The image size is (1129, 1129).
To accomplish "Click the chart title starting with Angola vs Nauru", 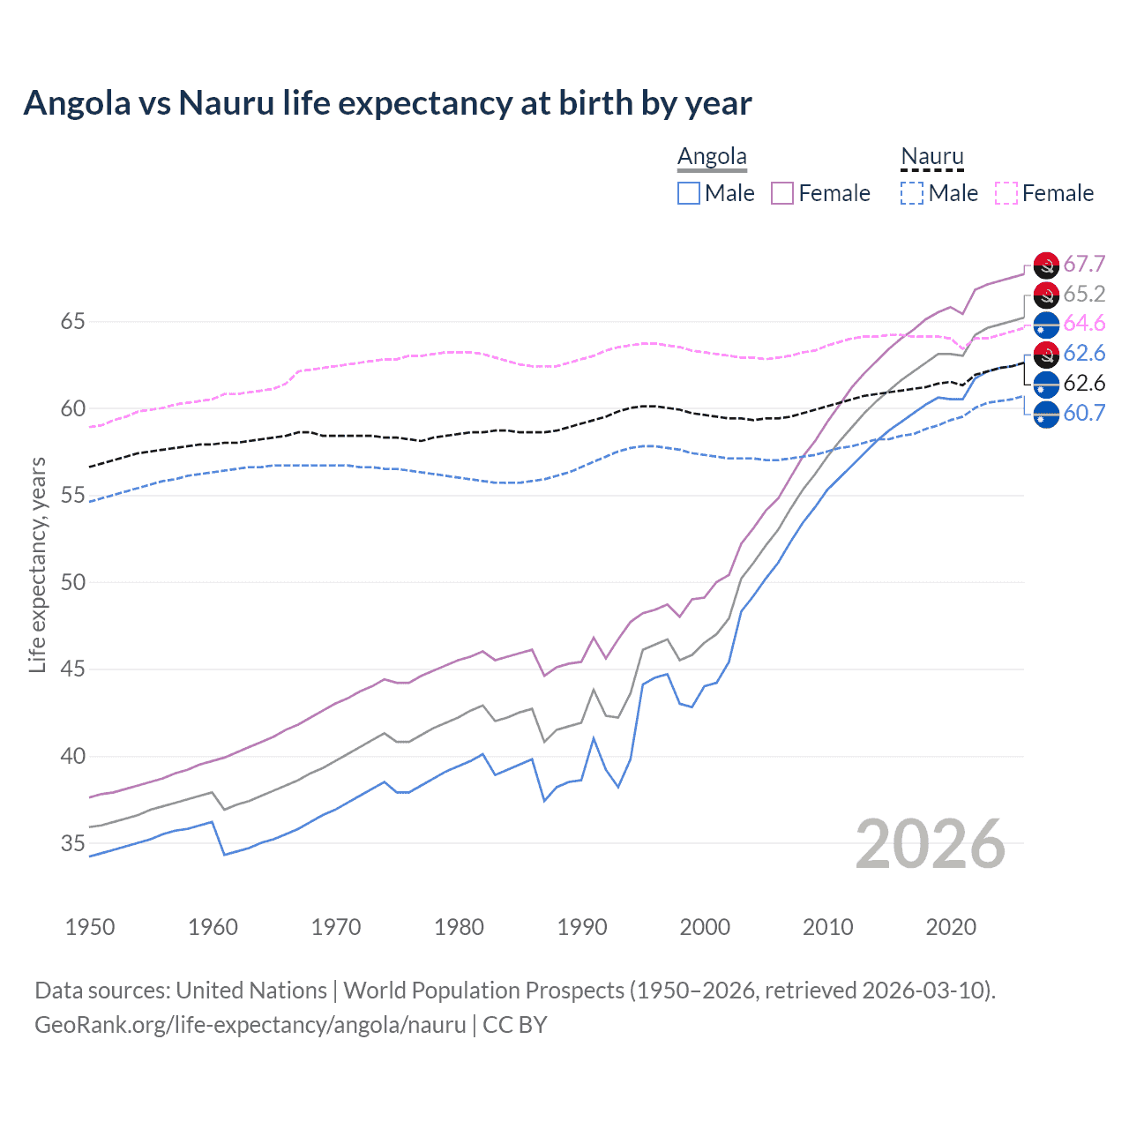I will pyautogui.click(x=387, y=103).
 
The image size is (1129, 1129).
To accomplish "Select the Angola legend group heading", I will pyautogui.click(x=712, y=157).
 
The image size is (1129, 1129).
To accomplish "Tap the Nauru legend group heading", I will pyautogui.click(x=931, y=157).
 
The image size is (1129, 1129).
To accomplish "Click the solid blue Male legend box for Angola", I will pyautogui.click(x=689, y=193).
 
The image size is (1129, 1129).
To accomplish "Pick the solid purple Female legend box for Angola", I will pyautogui.click(x=782, y=193).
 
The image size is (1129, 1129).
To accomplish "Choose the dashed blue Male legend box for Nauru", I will pyautogui.click(x=912, y=193).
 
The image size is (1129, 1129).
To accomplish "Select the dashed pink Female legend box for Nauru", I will pyautogui.click(x=1006, y=193).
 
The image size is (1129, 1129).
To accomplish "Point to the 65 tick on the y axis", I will pyautogui.click(x=72, y=322).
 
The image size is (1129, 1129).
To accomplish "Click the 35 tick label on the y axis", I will pyautogui.click(x=72, y=844).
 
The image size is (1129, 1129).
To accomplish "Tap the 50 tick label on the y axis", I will pyautogui.click(x=72, y=583).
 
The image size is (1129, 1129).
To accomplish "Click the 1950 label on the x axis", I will pyautogui.click(x=90, y=927).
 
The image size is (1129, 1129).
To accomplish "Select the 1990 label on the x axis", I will pyautogui.click(x=582, y=927).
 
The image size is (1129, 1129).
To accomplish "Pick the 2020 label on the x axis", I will pyautogui.click(x=951, y=927).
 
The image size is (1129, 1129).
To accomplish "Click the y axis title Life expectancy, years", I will pyautogui.click(x=37, y=564).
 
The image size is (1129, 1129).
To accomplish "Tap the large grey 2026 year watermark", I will pyautogui.click(x=931, y=845).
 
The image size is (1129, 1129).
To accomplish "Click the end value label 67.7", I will pyautogui.click(x=1084, y=265).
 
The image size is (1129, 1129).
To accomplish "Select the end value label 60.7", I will pyautogui.click(x=1084, y=413).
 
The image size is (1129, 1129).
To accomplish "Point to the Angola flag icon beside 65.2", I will pyautogui.click(x=1046, y=295).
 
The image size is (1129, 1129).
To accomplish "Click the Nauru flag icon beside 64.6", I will pyautogui.click(x=1046, y=325).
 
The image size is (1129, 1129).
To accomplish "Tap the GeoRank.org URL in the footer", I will pyautogui.click(x=250, y=1025).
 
